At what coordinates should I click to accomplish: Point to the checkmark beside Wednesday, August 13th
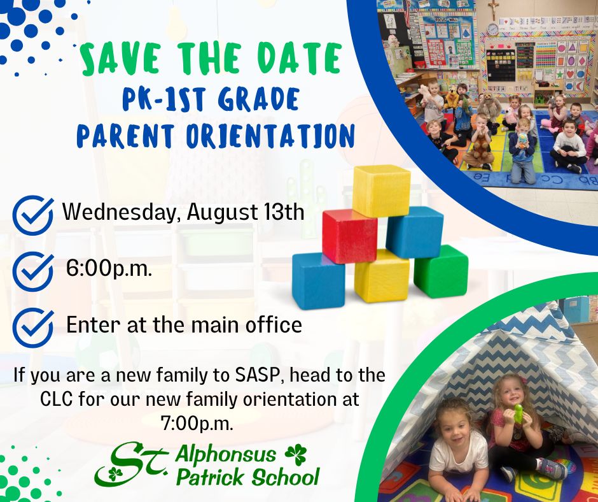(x=33, y=215)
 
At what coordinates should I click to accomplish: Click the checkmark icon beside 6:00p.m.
(x=33, y=271)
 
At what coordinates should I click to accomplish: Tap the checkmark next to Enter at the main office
(x=33, y=327)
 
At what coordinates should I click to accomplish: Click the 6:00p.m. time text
(x=109, y=269)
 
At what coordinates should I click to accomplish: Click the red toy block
(x=350, y=236)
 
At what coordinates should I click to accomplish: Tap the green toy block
(x=441, y=271)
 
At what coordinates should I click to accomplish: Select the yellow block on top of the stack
(x=381, y=190)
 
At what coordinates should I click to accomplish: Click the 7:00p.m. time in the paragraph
(x=197, y=424)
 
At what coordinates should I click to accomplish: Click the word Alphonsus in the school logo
(x=226, y=455)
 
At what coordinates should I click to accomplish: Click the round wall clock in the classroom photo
(x=493, y=29)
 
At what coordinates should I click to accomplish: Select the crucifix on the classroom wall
(x=494, y=10)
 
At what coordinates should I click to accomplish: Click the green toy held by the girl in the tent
(x=518, y=413)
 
